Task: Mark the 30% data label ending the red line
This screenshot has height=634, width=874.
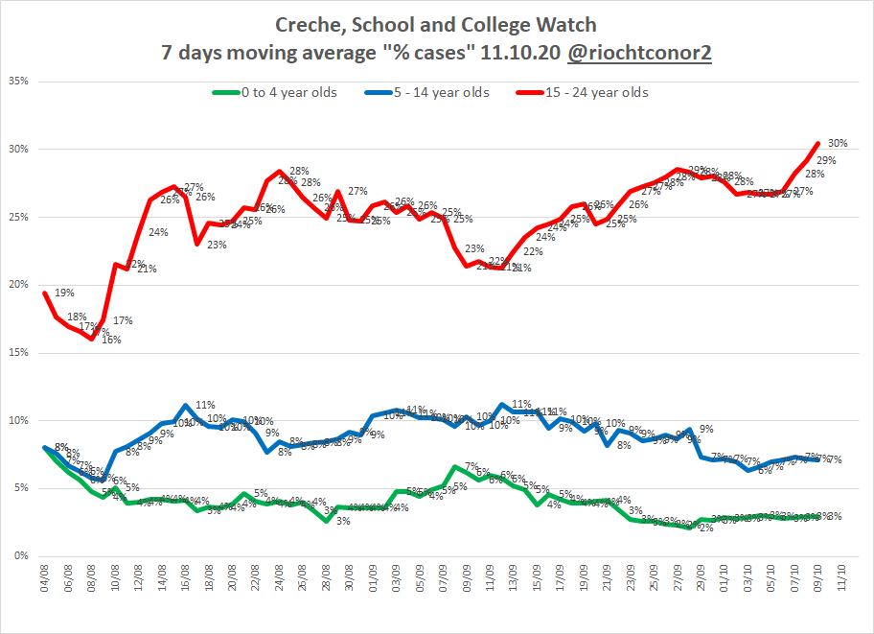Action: point(837,144)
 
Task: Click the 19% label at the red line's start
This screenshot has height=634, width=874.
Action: point(63,294)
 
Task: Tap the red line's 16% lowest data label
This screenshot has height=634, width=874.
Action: point(85,340)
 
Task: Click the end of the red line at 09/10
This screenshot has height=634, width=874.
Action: point(817,144)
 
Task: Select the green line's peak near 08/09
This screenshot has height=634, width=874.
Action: point(454,467)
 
